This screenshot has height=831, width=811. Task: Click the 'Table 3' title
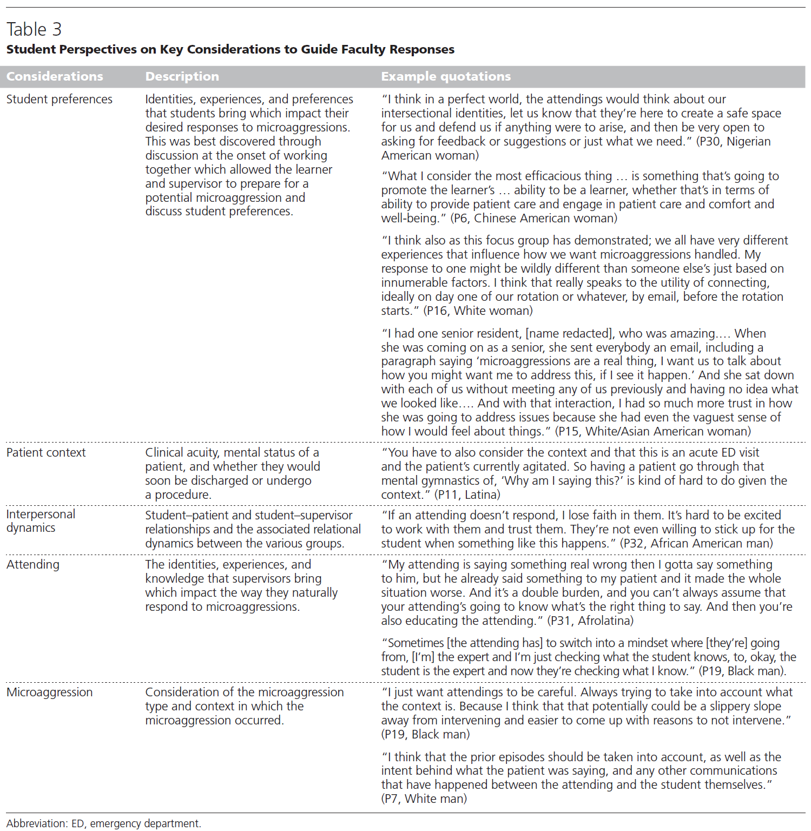click(34, 29)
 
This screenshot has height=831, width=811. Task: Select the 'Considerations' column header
click(55, 76)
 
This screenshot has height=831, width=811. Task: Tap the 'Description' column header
click(182, 76)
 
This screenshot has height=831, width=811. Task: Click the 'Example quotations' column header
click(445, 76)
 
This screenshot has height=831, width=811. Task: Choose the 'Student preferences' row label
click(60, 99)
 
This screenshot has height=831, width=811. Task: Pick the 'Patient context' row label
click(46, 452)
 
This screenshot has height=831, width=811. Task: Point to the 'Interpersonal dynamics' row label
click(41, 521)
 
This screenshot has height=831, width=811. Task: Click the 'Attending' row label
click(33, 564)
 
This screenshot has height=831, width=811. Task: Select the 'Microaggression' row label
click(49, 692)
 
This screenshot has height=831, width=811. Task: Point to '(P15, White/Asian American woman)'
click(654, 431)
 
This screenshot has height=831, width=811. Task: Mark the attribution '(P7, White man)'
click(424, 799)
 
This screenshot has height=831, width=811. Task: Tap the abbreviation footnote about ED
click(103, 823)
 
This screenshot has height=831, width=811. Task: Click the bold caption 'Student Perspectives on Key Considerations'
click(230, 49)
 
